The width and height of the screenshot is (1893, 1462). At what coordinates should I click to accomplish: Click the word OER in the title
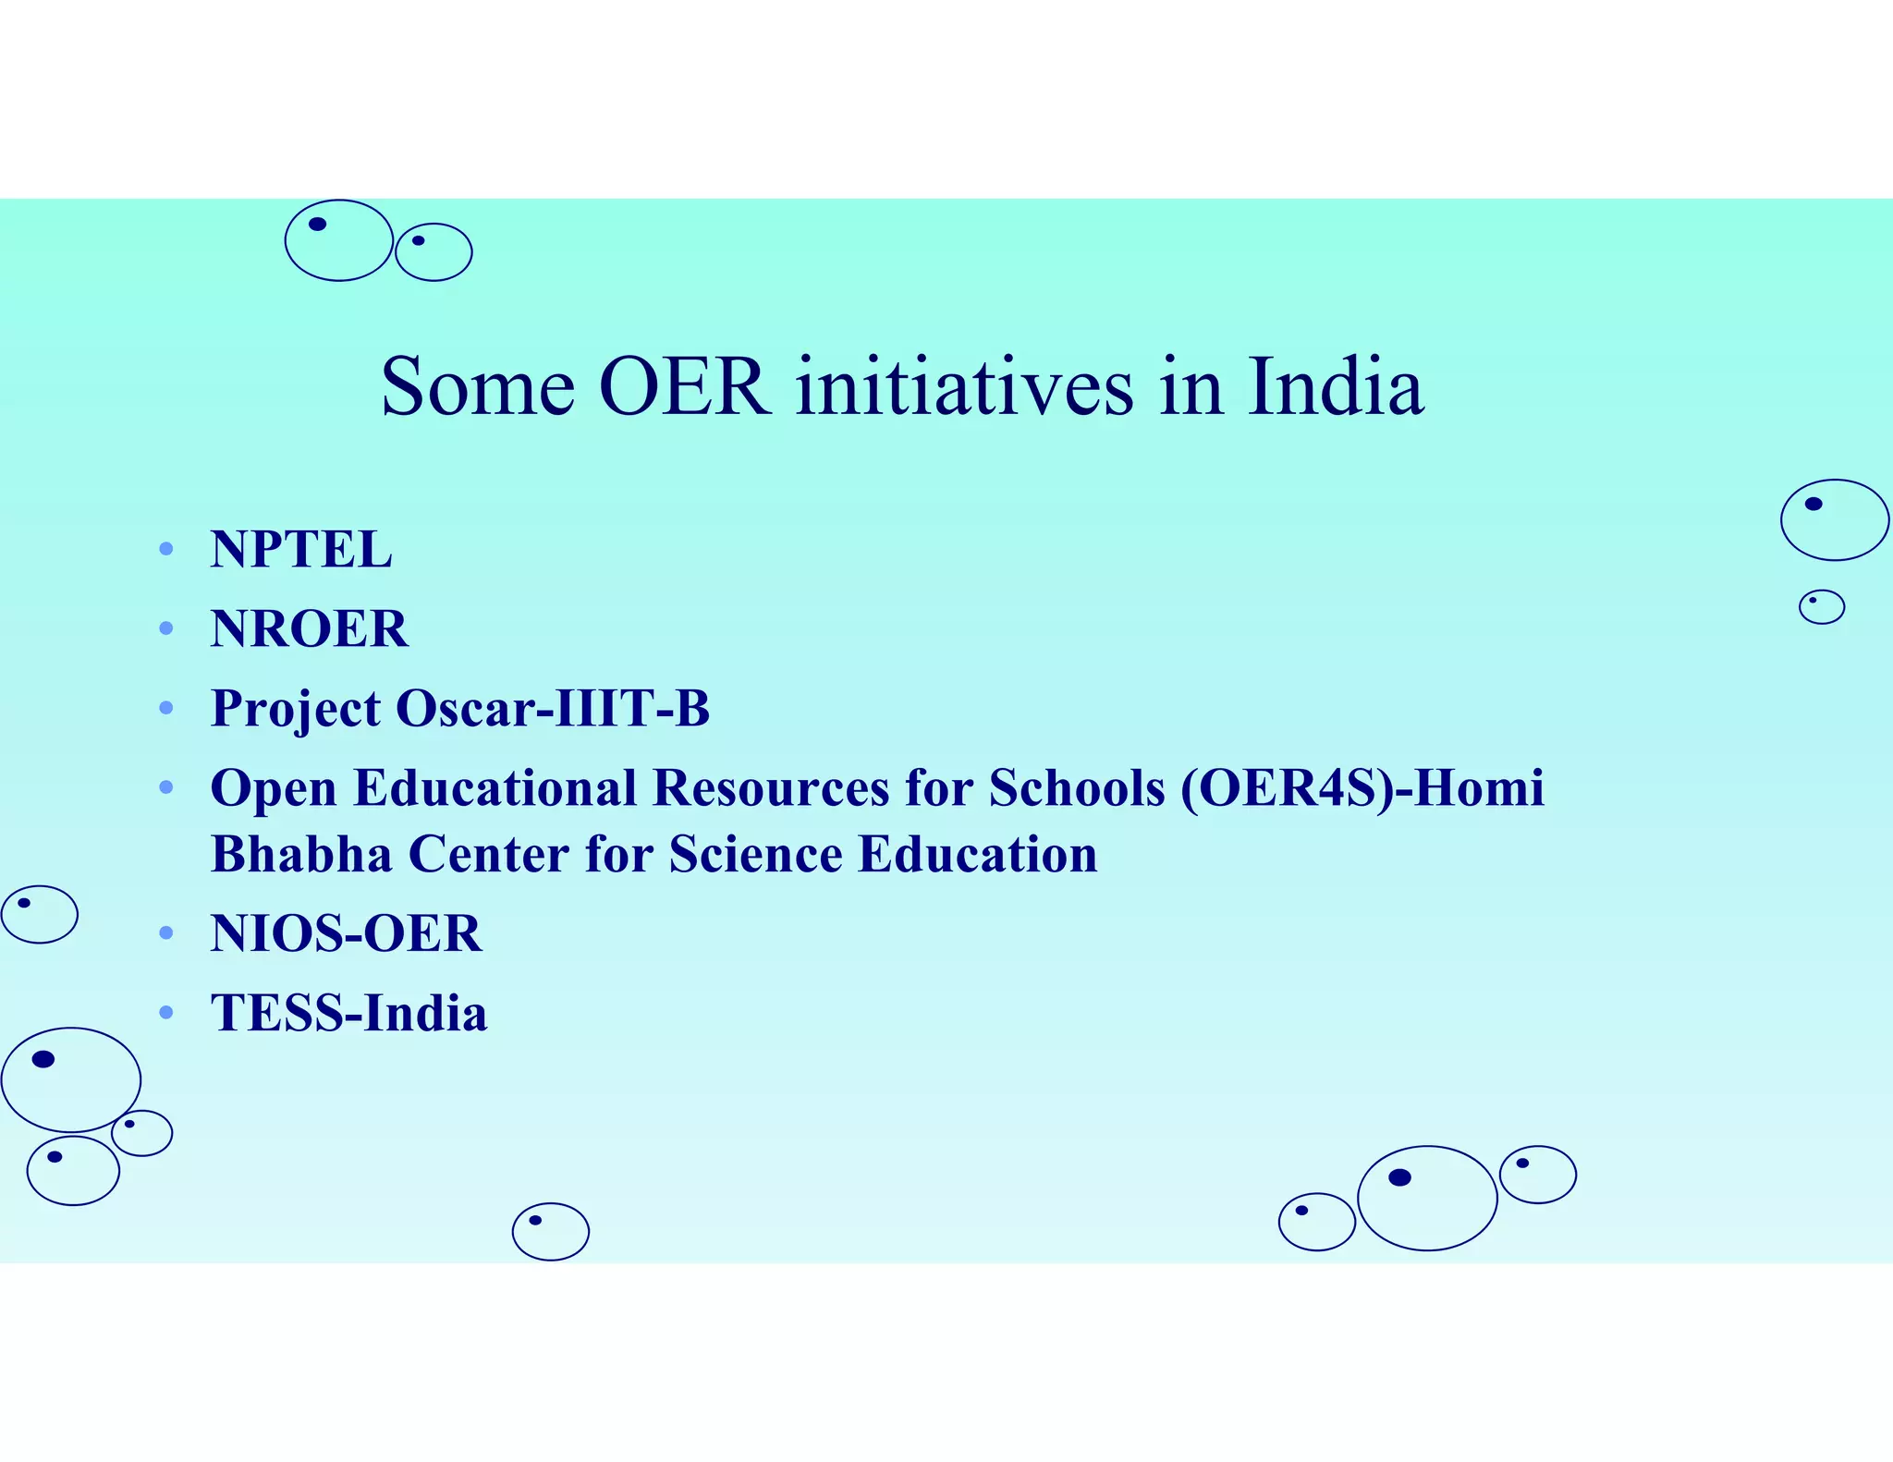click(684, 386)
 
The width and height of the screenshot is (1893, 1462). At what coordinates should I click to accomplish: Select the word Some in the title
click(478, 386)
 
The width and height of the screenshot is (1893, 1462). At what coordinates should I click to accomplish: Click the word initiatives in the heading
click(964, 386)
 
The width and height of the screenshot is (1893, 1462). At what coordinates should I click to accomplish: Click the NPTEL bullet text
click(301, 549)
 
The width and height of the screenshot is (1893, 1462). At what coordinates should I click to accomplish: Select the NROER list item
click(310, 628)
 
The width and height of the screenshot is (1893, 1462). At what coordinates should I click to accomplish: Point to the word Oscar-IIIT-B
click(553, 708)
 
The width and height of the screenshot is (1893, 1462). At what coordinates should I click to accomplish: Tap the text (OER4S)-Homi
click(1362, 788)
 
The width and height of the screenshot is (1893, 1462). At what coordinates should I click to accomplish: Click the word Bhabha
click(301, 853)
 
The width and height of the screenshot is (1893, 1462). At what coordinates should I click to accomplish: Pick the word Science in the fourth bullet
click(755, 853)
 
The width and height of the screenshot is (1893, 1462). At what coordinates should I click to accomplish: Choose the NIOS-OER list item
click(346, 932)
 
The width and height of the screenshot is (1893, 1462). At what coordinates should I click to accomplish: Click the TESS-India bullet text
click(348, 1012)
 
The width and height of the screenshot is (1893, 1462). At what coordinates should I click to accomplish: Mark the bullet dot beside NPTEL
click(166, 549)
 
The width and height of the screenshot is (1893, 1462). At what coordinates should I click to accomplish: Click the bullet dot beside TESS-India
click(166, 1013)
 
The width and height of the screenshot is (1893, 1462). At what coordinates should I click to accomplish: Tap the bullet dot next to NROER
click(166, 628)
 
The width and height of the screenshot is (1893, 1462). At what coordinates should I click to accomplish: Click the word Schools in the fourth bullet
click(1077, 788)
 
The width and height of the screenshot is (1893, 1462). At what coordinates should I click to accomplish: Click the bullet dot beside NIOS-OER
click(166, 933)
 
